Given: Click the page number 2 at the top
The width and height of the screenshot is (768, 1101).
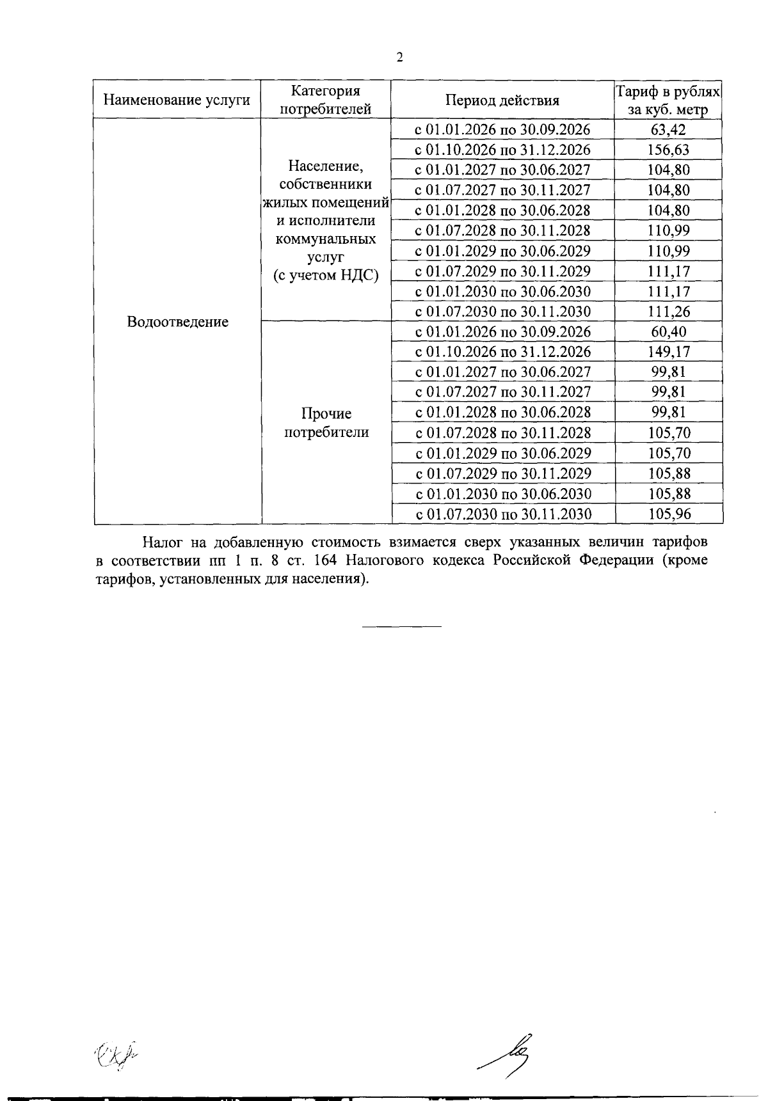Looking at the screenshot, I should pyautogui.click(x=400, y=58).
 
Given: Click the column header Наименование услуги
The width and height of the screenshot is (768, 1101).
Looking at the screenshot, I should pyautogui.click(x=177, y=100).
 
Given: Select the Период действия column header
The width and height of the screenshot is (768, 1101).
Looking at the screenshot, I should pyautogui.click(x=502, y=100).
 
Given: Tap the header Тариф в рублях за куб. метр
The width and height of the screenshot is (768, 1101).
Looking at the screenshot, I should pyautogui.click(x=668, y=100).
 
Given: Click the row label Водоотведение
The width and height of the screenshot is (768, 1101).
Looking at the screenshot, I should pyautogui.click(x=177, y=322).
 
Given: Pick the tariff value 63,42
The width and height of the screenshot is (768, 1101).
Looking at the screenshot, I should pyautogui.click(x=668, y=130).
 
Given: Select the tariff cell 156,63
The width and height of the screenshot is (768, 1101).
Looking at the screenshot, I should pyautogui.click(x=668, y=150).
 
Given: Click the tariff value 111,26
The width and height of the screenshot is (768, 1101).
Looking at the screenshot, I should pyautogui.click(x=668, y=312).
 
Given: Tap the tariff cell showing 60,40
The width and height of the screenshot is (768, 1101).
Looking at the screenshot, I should pyautogui.click(x=668, y=331).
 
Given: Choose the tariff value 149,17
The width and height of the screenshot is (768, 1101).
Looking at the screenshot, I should pyautogui.click(x=668, y=352).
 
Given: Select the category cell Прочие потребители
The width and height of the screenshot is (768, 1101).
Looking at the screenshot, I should pyautogui.click(x=326, y=422).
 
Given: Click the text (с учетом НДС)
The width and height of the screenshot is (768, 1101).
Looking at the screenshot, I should pyautogui.click(x=326, y=276).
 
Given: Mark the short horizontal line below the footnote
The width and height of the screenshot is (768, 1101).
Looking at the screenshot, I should pyautogui.click(x=402, y=625).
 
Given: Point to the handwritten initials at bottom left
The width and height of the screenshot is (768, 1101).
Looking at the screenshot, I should pyautogui.click(x=116, y=1052).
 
